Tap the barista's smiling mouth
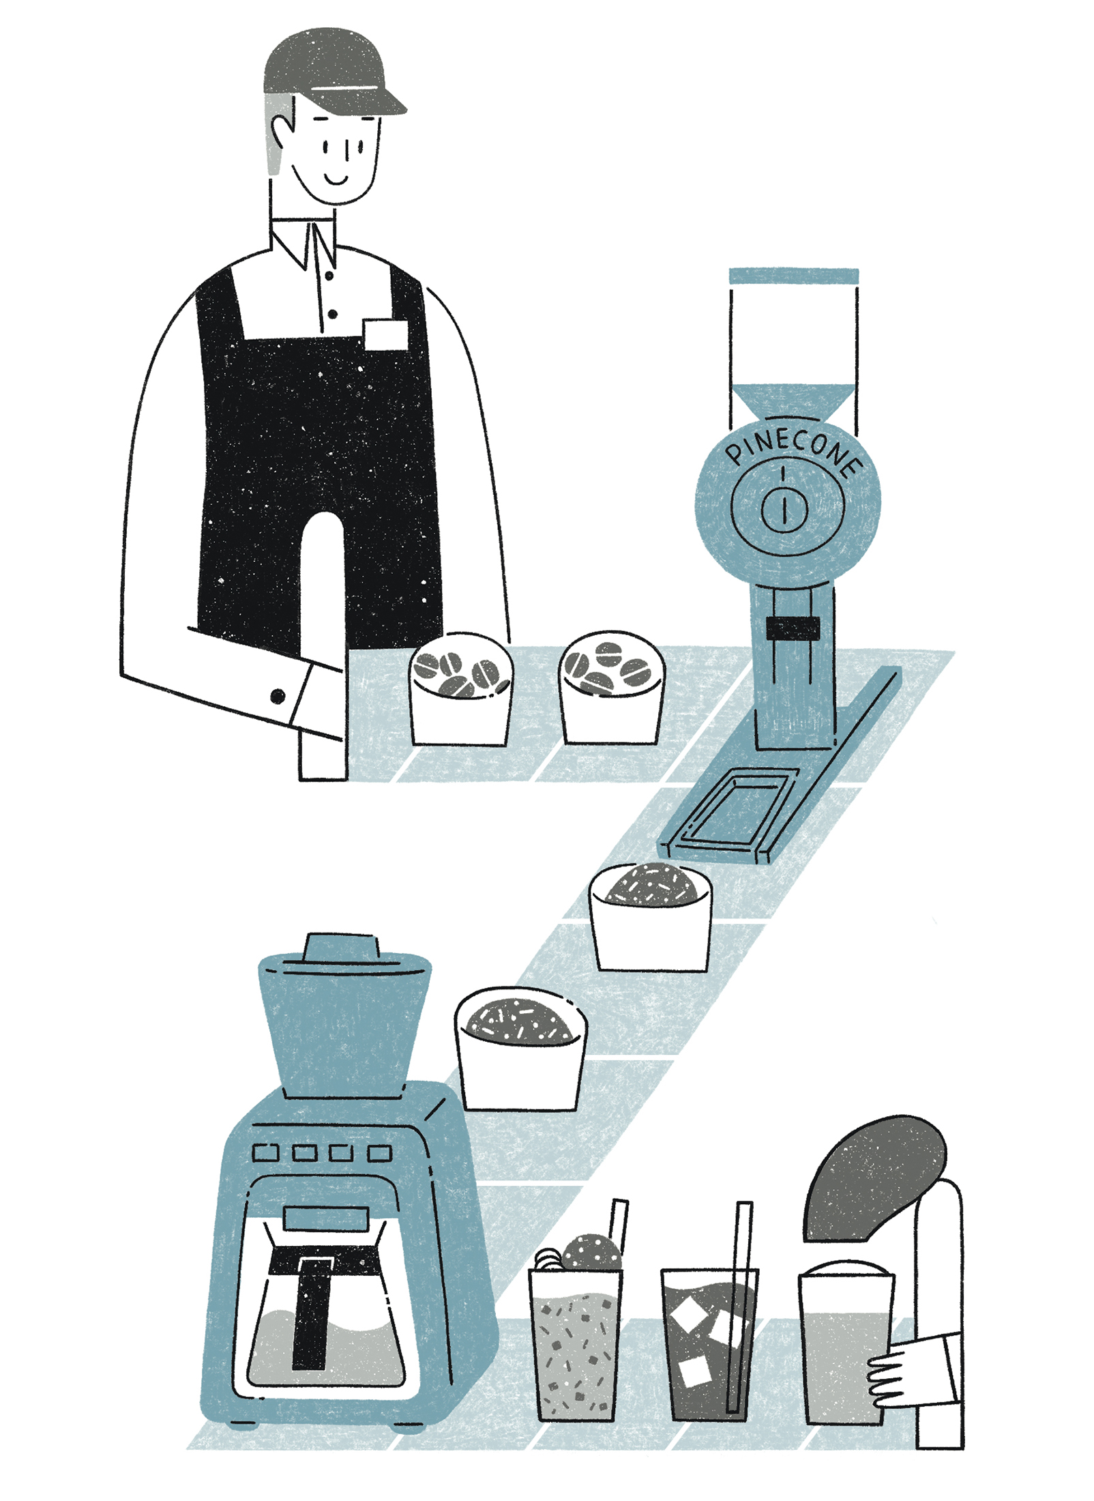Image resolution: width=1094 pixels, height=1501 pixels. [336, 179]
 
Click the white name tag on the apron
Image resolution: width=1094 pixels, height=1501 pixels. [386, 334]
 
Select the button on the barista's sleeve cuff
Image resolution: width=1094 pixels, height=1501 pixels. [278, 696]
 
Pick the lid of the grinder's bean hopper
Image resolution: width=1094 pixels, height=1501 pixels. [793, 276]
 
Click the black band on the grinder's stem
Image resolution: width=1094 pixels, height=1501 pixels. [793, 628]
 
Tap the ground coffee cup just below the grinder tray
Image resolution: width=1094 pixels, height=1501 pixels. [650, 916]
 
